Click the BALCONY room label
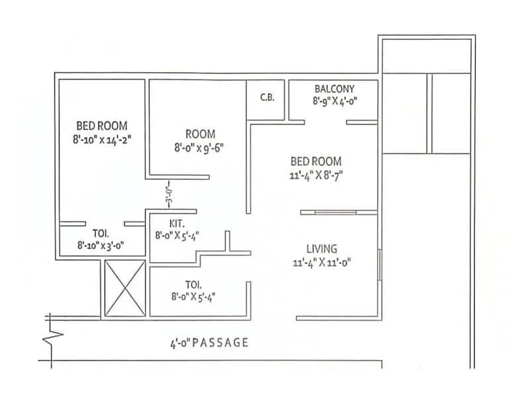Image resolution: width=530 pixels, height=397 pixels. point(335,89)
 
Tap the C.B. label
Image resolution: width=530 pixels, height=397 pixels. point(267,97)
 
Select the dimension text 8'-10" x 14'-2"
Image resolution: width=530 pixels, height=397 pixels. point(102,139)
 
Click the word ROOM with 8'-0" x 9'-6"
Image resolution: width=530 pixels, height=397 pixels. point(200,134)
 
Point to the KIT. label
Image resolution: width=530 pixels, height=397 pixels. point(168,224)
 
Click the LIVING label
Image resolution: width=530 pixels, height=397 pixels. point(321,249)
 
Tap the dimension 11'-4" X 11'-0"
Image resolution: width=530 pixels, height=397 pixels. point(321,262)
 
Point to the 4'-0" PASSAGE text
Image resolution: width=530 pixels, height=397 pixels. point(209,343)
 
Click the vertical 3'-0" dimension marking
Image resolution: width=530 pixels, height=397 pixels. point(169,197)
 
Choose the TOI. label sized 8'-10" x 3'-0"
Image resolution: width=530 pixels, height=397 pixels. point(101,234)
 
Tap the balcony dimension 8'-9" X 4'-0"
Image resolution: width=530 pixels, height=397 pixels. point(335,101)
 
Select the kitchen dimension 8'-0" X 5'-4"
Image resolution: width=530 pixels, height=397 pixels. point(178,235)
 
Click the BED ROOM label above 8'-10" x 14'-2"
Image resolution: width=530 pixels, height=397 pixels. point(102,126)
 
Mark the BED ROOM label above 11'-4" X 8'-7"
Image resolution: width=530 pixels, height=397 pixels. point(316,161)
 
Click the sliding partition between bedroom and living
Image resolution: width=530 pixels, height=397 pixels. point(339,212)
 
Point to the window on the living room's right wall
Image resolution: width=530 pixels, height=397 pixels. point(379,265)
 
